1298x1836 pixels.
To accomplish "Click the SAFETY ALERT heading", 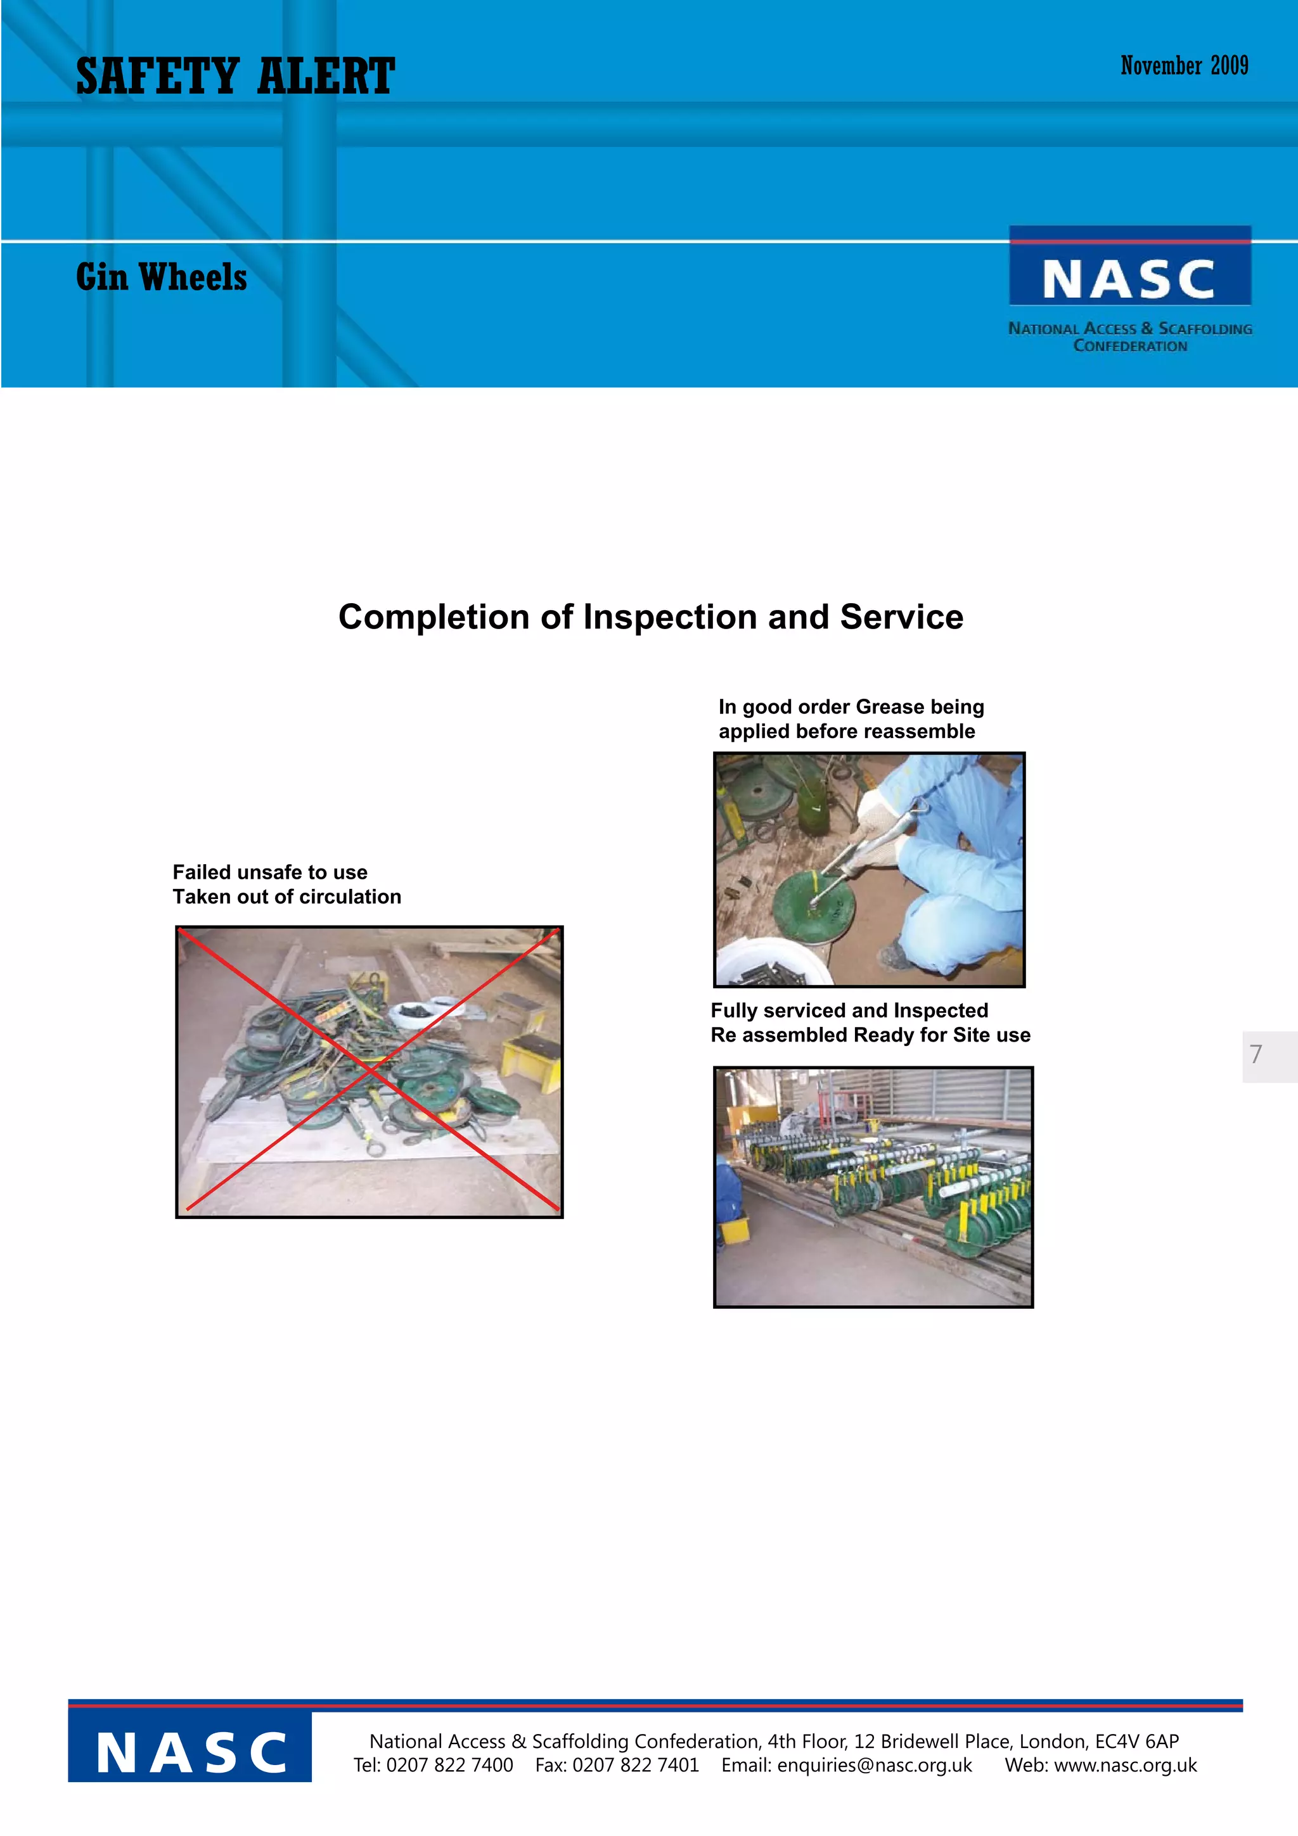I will coord(235,77).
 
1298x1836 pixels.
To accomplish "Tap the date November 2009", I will coord(1184,66).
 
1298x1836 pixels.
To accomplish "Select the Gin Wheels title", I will coord(162,277).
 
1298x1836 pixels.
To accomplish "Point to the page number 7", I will coord(1256,1055).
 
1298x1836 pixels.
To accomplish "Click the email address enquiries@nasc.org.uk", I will coord(874,1766).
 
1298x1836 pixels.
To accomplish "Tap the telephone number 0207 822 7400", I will coord(449,1766).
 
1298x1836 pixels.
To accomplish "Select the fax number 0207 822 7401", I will coord(636,1766).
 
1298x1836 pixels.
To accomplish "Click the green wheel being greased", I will coord(813,908).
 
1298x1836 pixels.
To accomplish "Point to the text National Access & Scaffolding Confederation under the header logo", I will coord(1129,336).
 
